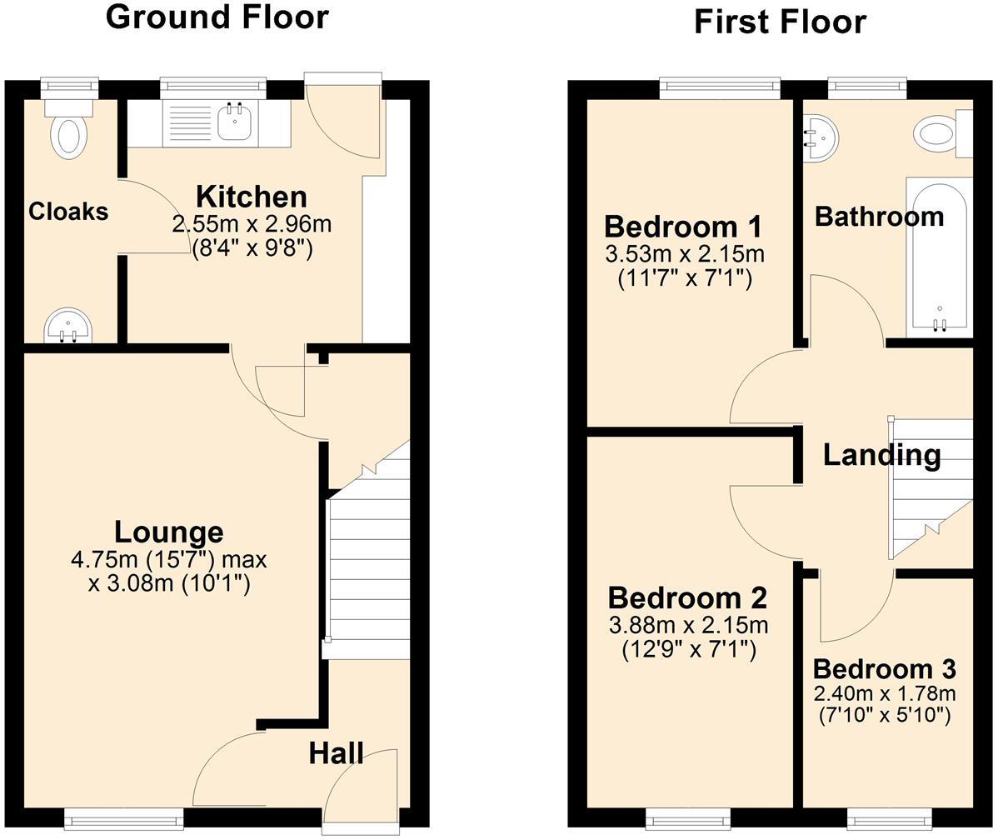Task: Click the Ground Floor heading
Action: pos(217,17)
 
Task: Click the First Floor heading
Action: pos(780,22)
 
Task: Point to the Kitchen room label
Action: pos(251,197)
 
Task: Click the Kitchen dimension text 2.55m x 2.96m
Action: pos(251,224)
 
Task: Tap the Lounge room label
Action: pos(168,532)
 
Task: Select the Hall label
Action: pos(336,753)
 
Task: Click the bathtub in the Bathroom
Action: pos(939,254)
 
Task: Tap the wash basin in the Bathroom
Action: pos(818,137)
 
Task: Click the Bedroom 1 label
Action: pos(683,227)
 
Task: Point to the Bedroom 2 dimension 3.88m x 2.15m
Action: pos(688,624)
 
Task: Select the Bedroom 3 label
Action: pos(884,669)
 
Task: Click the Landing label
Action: pos(881,455)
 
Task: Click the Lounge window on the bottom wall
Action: pos(123,819)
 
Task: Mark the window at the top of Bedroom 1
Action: pos(720,87)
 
